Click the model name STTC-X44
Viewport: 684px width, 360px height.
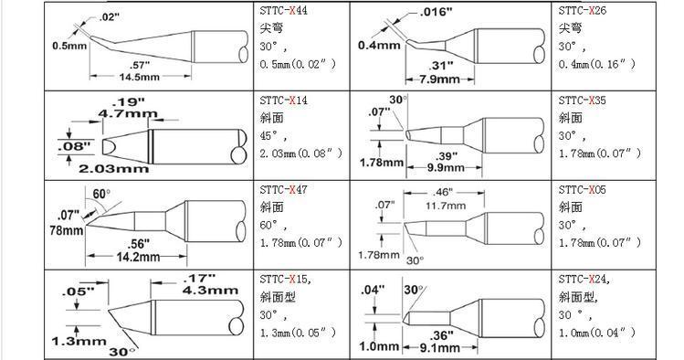[283, 10]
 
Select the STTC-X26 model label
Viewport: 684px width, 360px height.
[583, 10]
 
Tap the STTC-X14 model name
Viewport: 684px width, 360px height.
[283, 101]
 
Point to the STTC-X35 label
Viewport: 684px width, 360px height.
[583, 101]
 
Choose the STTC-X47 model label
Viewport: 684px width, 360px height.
[283, 190]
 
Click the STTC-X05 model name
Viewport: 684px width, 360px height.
[583, 190]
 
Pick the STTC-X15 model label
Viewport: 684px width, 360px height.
[285, 280]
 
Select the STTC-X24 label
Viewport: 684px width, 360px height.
[584, 280]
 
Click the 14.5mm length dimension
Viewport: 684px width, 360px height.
[140, 77]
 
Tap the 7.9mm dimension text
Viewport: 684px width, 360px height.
[440, 79]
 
